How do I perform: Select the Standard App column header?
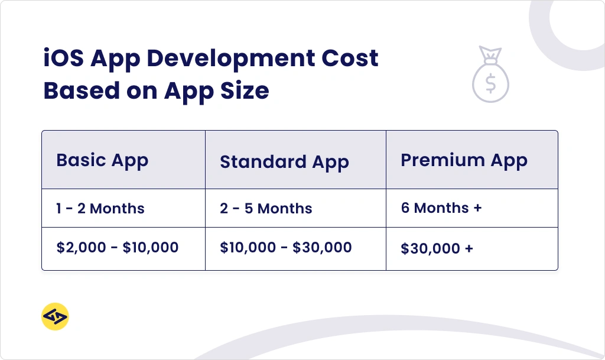coord(284,162)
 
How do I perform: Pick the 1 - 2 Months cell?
coord(100,208)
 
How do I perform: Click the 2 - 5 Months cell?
coord(266,208)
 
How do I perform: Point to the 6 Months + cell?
coord(441,208)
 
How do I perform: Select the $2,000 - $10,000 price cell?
coord(118,247)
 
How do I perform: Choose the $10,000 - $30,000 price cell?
coord(286,247)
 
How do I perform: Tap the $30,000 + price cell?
coord(437,248)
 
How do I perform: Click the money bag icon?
coord(490,74)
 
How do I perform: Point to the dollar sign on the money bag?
coord(490,84)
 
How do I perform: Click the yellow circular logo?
coord(55,316)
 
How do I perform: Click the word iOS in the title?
coord(63,59)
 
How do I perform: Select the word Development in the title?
coord(231,59)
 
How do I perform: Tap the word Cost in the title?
coord(350,59)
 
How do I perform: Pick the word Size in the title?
coord(245,91)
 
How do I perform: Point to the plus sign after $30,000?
coord(469,248)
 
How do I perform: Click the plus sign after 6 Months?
coord(477,208)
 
